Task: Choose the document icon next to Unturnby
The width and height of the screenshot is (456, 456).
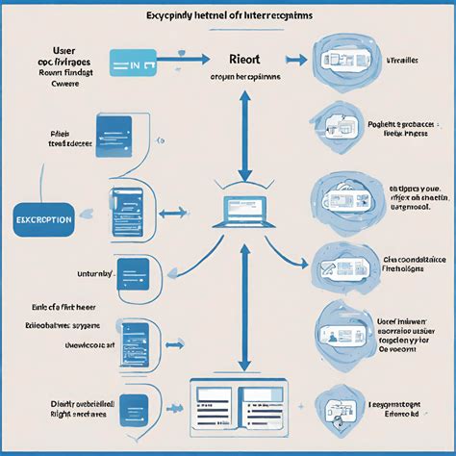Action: click(x=131, y=272)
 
